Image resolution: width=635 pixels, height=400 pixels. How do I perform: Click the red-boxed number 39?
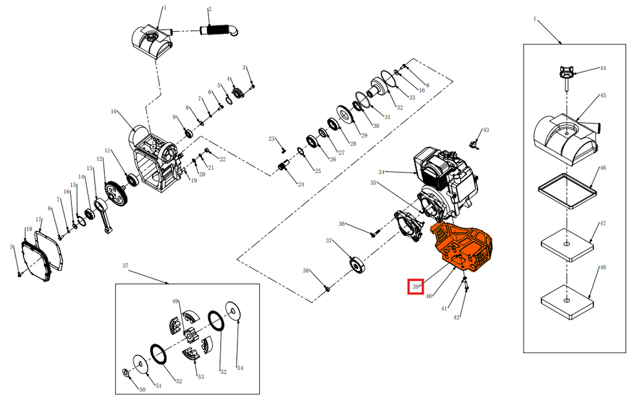point(415,287)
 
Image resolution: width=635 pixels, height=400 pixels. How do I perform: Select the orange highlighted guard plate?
point(461,246)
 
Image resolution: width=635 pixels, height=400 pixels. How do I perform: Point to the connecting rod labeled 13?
point(103,214)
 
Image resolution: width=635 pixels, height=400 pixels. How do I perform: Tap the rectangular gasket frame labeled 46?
point(567,190)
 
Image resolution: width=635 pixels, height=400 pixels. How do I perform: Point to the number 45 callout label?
point(603,96)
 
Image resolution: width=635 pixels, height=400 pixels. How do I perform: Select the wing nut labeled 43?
point(473,143)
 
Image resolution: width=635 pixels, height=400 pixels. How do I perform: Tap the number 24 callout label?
point(301,185)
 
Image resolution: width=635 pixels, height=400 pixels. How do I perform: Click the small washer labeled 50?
point(125,371)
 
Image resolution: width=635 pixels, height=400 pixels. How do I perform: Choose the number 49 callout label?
point(175,301)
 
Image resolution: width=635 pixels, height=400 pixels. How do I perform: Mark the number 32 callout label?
point(400,107)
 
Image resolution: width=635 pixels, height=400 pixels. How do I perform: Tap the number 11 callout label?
point(107,151)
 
